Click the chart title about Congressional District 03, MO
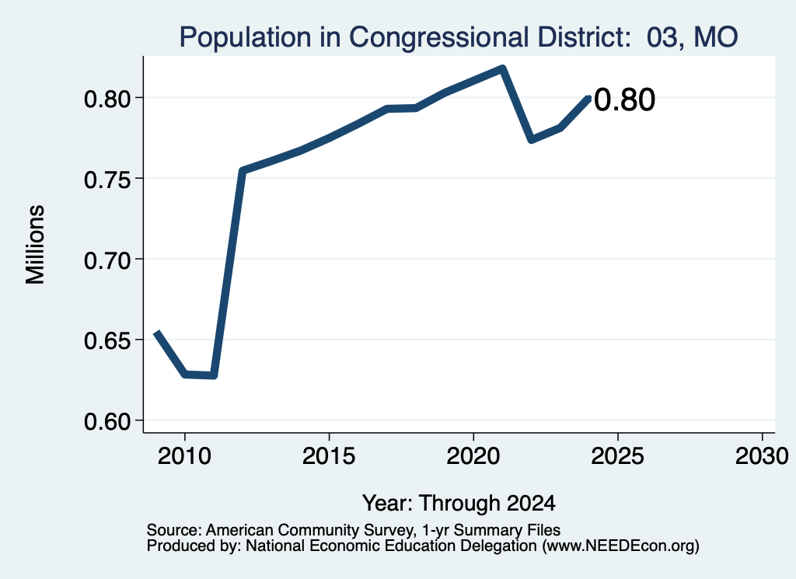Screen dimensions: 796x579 pyautogui.click(x=459, y=37)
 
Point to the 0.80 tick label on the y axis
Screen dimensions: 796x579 pyautogui.click(x=106, y=99)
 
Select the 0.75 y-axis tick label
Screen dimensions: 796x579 pyautogui.click(x=106, y=179)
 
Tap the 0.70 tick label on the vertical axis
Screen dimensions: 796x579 pyautogui.click(x=106, y=260)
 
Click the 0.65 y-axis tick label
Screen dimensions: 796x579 pyautogui.click(x=106, y=340)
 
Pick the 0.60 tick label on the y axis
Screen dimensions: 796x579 pyautogui.click(x=106, y=421)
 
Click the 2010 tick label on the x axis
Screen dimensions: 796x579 pyautogui.click(x=184, y=455)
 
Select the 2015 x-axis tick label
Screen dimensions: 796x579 pyautogui.click(x=329, y=455)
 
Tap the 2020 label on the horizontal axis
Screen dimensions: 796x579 pyautogui.click(x=473, y=455)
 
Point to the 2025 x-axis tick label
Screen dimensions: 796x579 pyautogui.click(x=618, y=455)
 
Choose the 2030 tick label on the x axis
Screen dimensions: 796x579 pyautogui.click(x=762, y=455)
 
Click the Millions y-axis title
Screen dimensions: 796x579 pyautogui.click(x=35, y=245)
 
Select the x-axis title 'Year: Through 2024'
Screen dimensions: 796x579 pyautogui.click(x=459, y=503)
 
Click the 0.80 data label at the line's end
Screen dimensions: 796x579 pyautogui.click(x=624, y=99)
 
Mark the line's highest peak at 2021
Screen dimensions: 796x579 pyautogui.click(x=502, y=68)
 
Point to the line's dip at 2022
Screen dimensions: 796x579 pyautogui.click(x=531, y=139)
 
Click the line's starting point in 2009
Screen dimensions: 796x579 pyautogui.click(x=157, y=332)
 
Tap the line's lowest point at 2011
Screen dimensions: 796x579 pyautogui.click(x=214, y=375)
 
